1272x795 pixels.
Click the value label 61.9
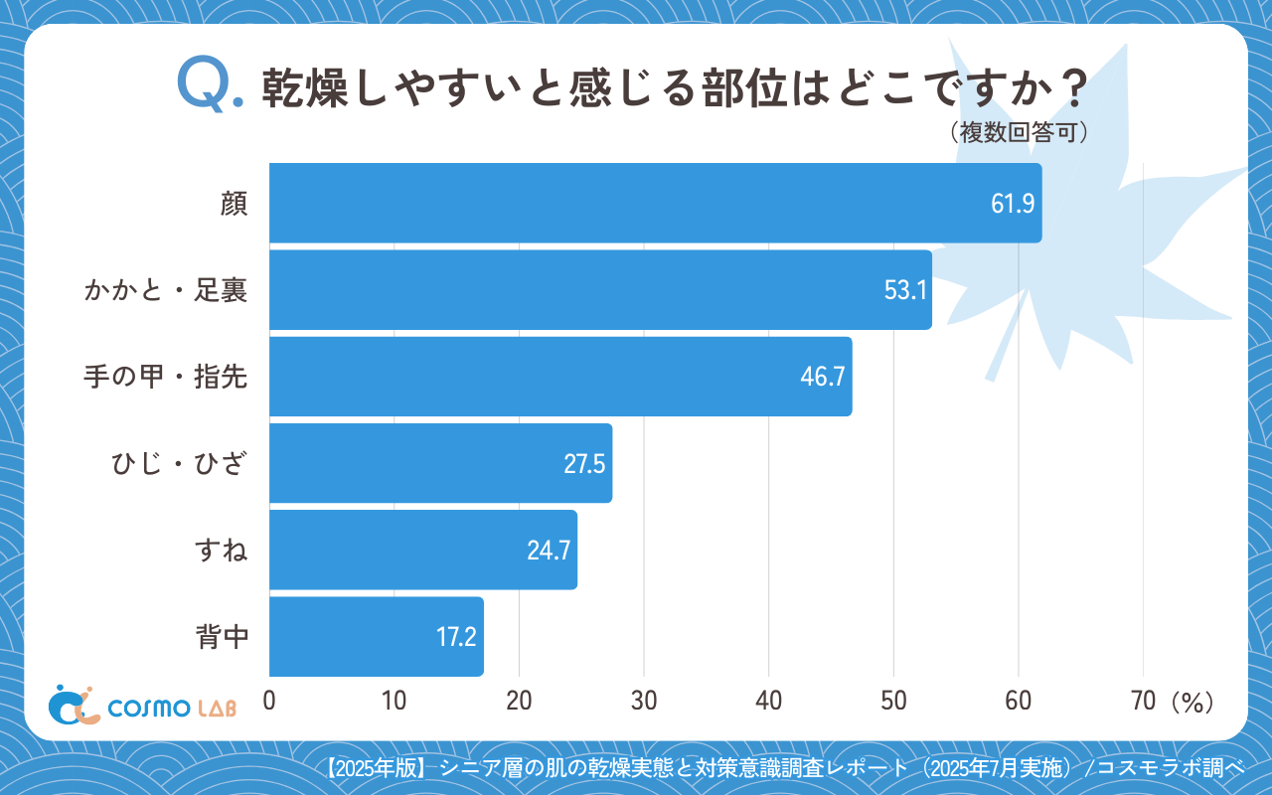click(1013, 204)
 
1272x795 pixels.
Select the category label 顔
click(234, 204)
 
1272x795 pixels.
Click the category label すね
click(221, 551)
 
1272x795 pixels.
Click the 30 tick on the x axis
click(644, 701)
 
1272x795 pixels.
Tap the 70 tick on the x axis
click(1143, 701)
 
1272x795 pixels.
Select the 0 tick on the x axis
click(269, 701)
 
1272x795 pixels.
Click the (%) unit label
click(1192, 702)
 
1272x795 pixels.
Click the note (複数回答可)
click(1018, 132)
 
